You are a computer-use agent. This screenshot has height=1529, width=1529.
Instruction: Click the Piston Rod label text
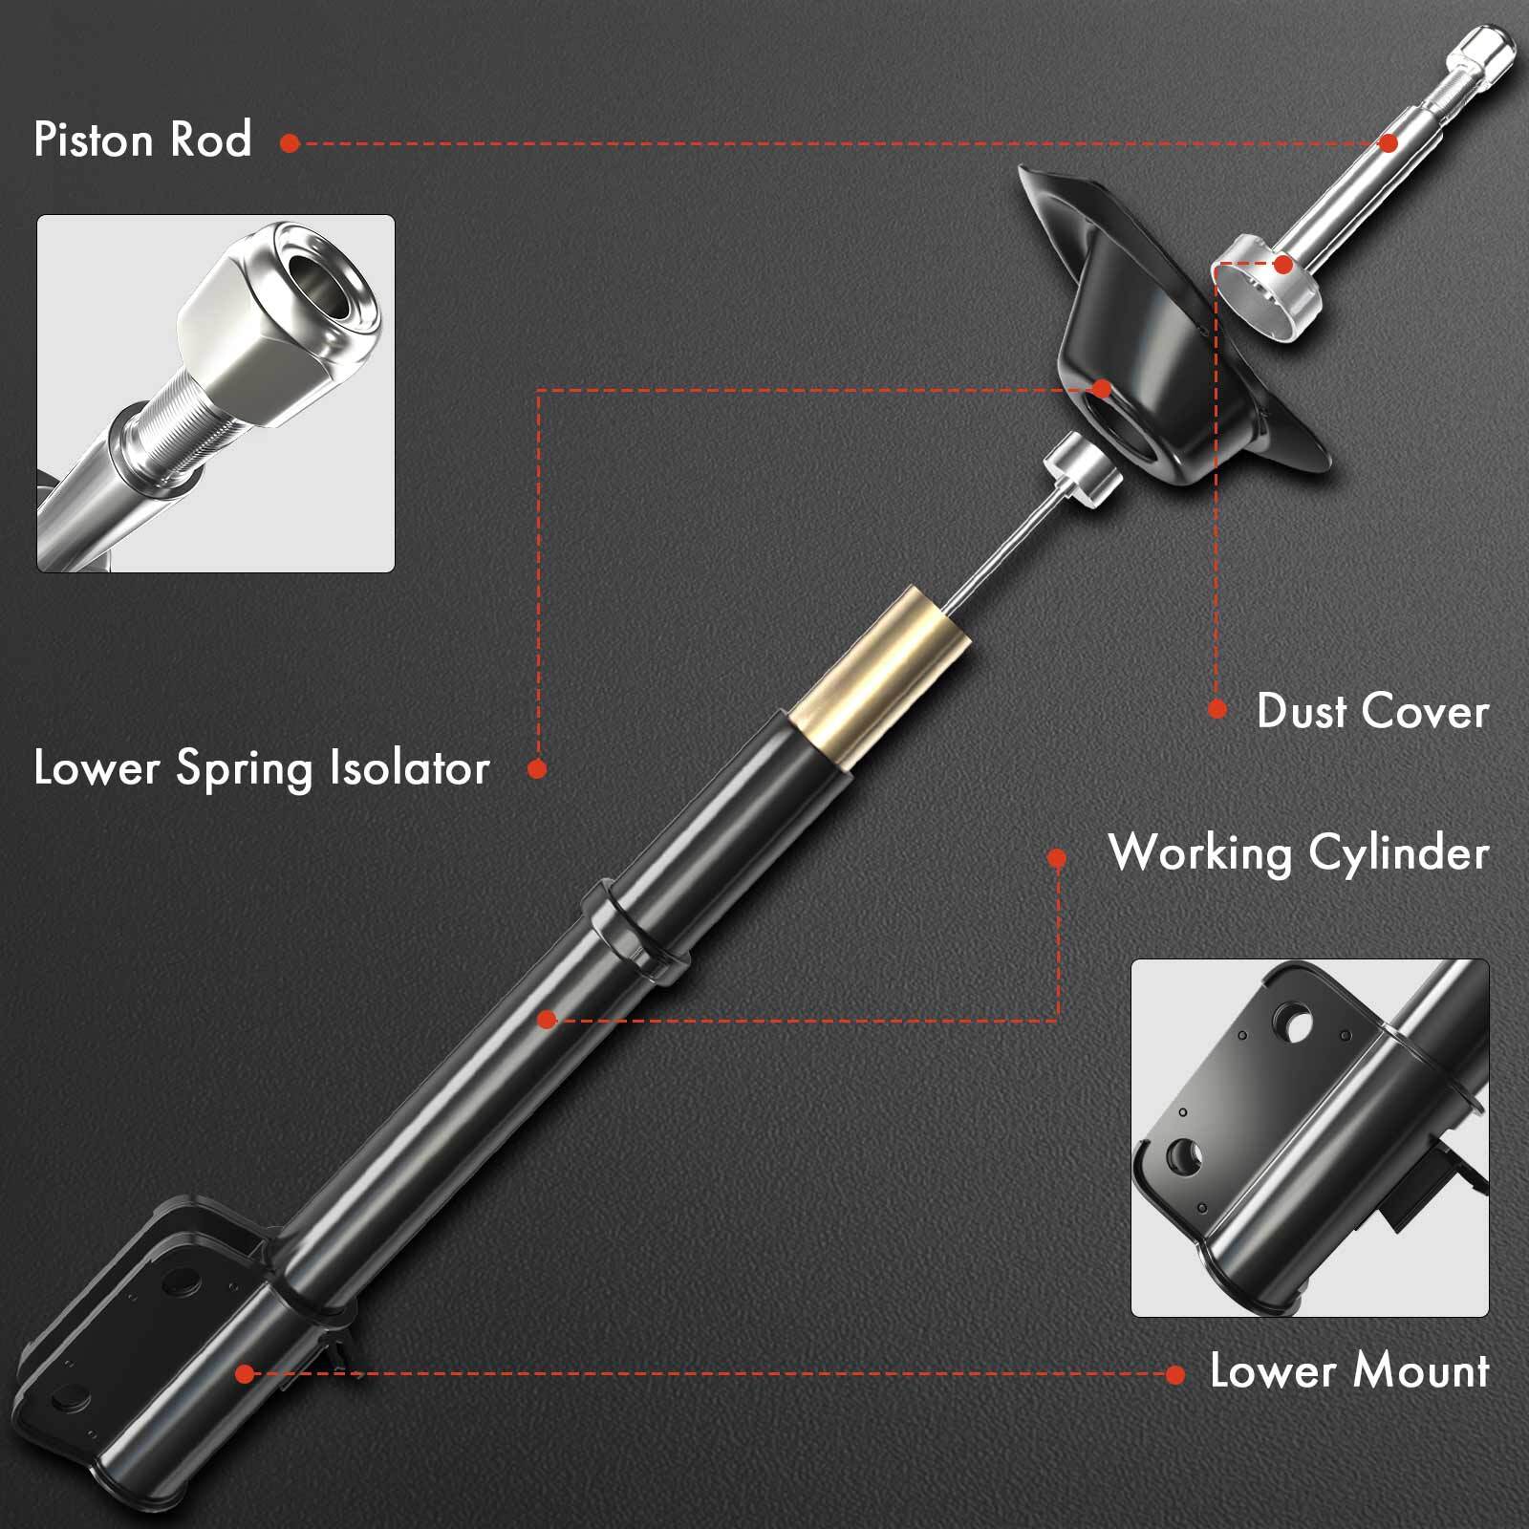[143, 140]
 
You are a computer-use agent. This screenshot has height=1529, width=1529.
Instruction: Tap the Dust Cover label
[1372, 712]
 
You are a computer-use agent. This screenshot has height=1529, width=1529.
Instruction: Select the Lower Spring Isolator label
[262, 768]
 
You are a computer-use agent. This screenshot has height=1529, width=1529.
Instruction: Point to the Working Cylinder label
[1299, 852]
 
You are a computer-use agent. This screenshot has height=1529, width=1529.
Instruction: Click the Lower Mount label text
[1349, 1371]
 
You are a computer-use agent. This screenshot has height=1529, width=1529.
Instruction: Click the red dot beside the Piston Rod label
[291, 143]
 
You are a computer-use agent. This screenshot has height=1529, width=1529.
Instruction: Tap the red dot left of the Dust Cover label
[1217, 709]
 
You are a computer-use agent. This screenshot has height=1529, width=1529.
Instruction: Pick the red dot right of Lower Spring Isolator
[537, 768]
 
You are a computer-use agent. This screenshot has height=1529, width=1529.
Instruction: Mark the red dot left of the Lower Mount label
[1175, 1375]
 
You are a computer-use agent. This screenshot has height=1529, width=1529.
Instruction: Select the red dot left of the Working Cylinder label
[1057, 858]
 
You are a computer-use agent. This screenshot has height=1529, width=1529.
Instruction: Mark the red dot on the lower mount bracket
[245, 1374]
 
